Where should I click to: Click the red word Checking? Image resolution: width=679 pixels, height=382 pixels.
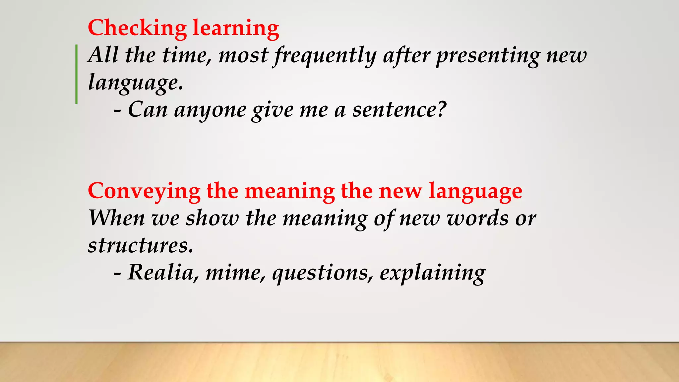(137, 28)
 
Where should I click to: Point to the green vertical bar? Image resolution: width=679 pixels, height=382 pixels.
(77, 74)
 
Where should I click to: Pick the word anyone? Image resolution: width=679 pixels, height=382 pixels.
(210, 110)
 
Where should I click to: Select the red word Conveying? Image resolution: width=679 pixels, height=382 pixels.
(144, 192)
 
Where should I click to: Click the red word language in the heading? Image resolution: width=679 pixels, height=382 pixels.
(475, 192)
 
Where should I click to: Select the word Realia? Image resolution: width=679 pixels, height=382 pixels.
(160, 273)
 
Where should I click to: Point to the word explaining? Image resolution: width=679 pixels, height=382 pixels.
(432, 273)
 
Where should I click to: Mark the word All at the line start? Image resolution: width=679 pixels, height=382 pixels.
(103, 55)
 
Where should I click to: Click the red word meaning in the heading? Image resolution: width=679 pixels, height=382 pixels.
(290, 192)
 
